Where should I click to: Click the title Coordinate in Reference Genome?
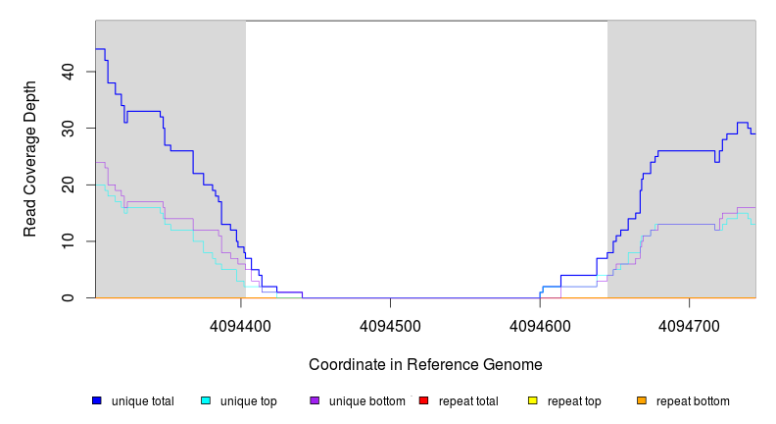425,364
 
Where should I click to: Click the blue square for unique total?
97,400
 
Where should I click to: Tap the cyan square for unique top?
206,400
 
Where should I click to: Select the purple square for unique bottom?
315,400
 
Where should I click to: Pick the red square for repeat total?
423,400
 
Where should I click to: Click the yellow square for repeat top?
533,400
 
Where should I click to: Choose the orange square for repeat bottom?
642,400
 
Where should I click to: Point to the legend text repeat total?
468,401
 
